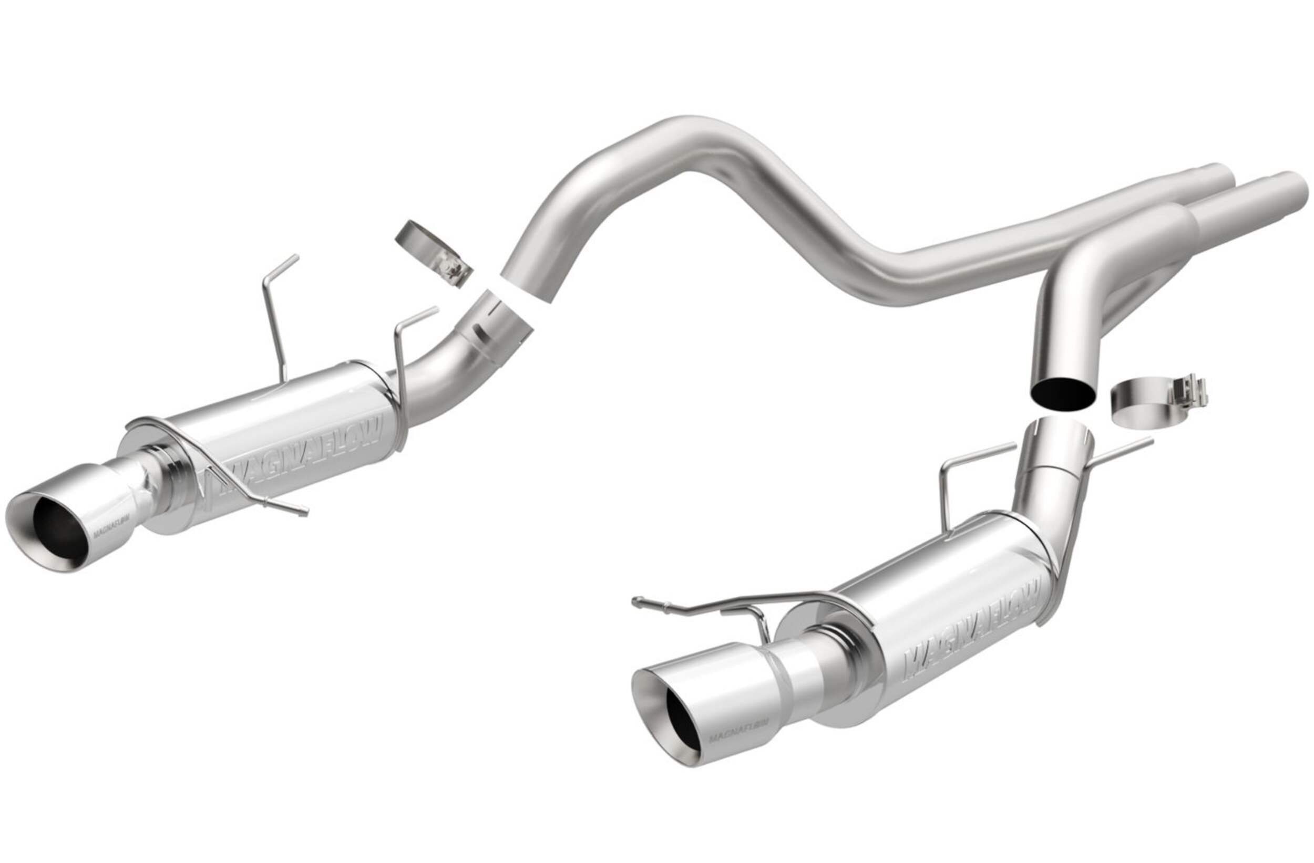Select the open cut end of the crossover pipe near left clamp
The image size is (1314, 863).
(527, 287)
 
